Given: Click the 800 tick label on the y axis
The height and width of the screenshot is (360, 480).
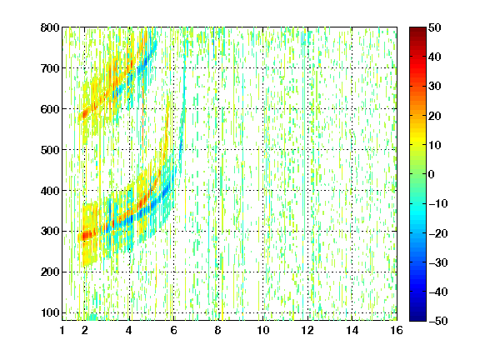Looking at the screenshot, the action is point(50,27).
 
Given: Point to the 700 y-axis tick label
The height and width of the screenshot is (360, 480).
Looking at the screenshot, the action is point(50,68).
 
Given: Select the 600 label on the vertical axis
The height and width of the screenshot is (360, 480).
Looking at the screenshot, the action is point(50,109).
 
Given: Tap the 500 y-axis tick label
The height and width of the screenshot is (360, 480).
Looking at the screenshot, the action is point(50,150).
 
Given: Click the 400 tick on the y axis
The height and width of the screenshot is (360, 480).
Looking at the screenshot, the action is point(50,191).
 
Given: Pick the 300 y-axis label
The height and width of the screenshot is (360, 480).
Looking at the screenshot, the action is point(50,232).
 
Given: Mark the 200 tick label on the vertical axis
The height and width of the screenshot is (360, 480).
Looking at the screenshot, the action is point(50,272).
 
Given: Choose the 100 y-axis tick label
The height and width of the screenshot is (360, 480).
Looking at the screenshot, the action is point(50,312).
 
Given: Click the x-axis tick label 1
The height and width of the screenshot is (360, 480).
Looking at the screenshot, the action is point(62,330).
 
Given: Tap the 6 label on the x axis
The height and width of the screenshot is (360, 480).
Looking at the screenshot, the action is point(173,330).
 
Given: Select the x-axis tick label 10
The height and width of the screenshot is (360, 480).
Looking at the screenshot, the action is point(263,330).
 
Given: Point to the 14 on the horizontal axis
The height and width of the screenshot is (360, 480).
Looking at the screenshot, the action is point(352,330).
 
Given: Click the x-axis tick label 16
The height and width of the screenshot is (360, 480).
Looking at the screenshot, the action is point(397,330).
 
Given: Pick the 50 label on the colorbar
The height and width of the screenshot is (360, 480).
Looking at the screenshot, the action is point(435,27).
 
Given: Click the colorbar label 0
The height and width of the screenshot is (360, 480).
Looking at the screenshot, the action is point(432,174).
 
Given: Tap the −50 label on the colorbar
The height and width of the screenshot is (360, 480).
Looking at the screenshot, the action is point(438,321).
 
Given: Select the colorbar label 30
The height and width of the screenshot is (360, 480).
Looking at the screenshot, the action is point(435,87).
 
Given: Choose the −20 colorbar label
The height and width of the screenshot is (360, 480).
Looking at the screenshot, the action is point(438,233).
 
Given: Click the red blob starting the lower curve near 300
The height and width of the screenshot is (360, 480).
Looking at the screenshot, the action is point(87,235).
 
